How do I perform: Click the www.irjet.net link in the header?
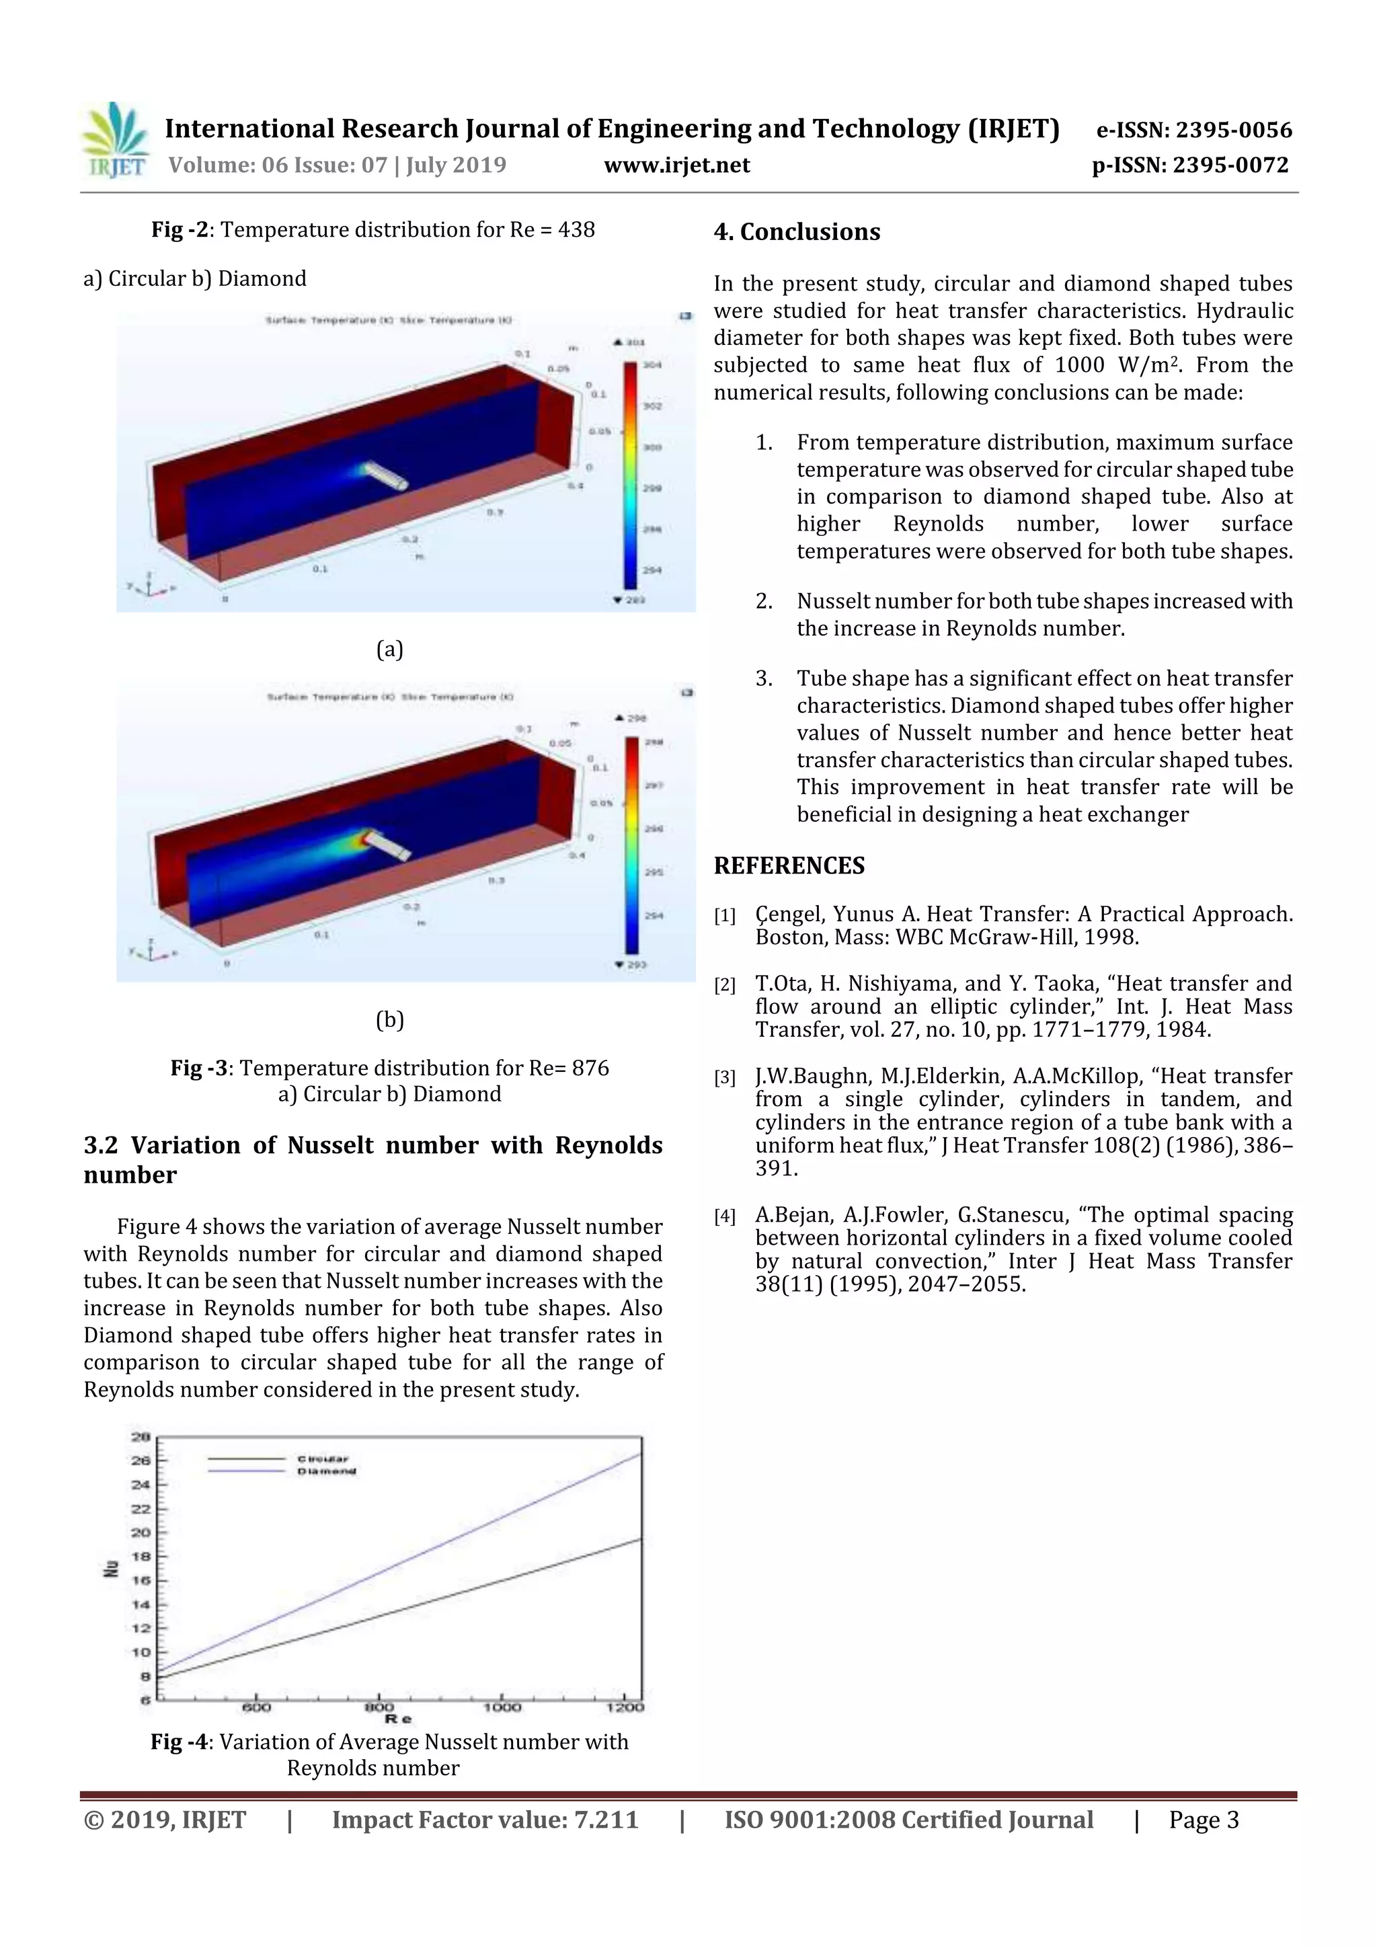676,165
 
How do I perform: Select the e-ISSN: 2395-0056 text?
1193,130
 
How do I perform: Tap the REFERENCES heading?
789,865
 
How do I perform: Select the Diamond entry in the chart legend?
326,1471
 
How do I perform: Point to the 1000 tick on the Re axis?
502,1706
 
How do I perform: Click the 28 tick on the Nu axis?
141,1436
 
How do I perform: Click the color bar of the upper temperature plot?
629,475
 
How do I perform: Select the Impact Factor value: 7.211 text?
485,1820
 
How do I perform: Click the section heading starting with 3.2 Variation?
372,1159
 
